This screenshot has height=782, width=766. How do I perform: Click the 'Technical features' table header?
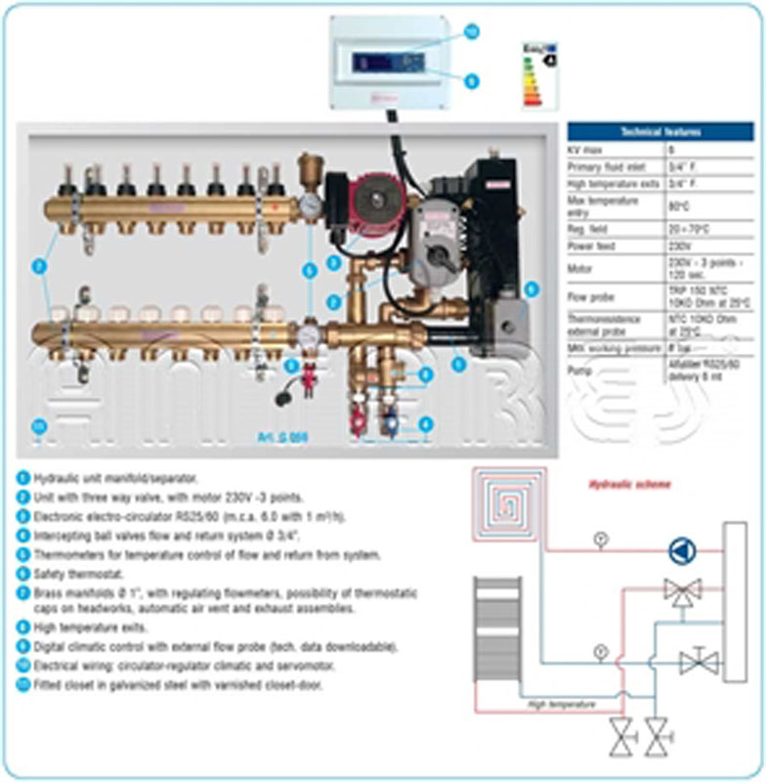(x=660, y=132)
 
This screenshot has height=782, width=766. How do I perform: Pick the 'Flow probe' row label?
(x=589, y=296)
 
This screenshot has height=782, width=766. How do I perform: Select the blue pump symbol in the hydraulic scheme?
(x=681, y=550)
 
